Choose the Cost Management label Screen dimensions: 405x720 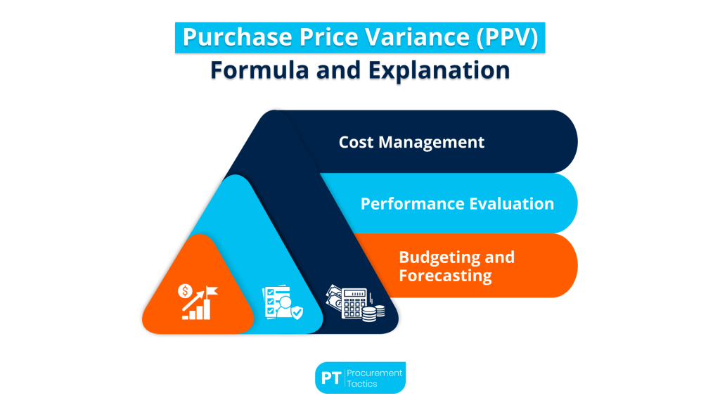(x=411, y=142)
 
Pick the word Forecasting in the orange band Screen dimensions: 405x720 (x=445, y=275)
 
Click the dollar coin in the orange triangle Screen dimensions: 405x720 (x=186, y=290)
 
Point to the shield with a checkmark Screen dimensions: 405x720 (x=297, y=311)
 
